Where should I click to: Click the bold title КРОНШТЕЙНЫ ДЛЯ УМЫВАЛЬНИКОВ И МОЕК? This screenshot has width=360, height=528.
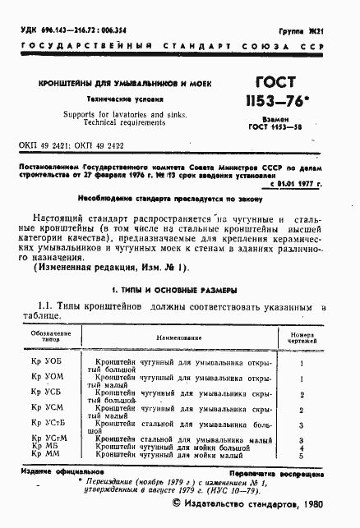coord(123,85)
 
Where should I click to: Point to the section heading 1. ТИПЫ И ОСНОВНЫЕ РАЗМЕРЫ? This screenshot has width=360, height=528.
coord(174,291)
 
